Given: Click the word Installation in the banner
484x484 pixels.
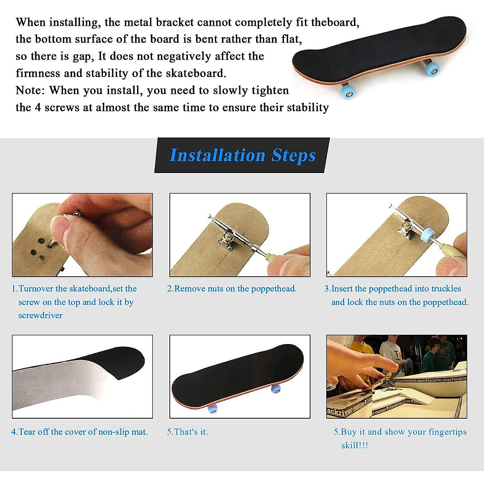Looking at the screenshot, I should coord(217,155).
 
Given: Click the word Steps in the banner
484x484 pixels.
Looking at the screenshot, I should coord(293,155).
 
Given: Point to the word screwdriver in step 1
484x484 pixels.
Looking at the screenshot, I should coord(40,315).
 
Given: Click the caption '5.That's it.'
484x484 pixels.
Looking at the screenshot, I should coord(188,432).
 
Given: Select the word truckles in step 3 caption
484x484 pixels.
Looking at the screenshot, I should coord(446,288).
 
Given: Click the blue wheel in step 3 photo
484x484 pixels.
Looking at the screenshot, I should coord(427,235).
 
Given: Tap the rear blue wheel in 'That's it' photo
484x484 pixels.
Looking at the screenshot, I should coord(276,389).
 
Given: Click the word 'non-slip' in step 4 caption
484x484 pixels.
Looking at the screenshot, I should coord(115,432).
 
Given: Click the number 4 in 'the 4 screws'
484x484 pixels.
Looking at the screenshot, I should coord(37,108).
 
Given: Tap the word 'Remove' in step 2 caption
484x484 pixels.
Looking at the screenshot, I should coord(190,288).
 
